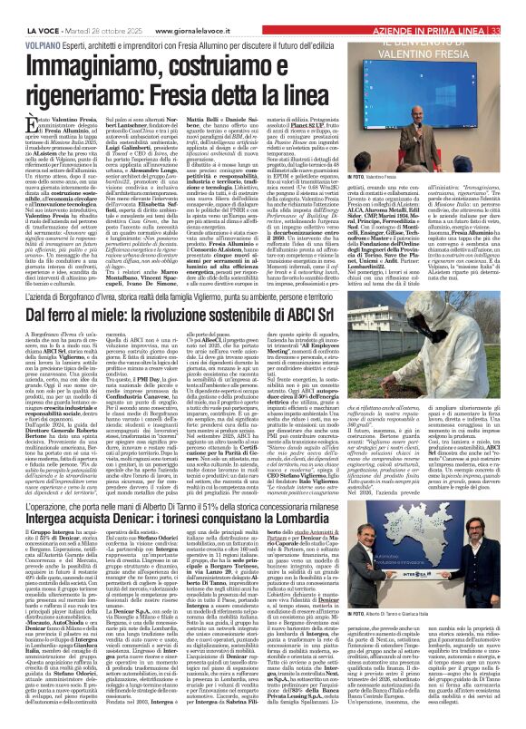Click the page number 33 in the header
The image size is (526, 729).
coord(518,6)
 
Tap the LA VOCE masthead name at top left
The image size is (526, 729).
coord(24,6)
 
